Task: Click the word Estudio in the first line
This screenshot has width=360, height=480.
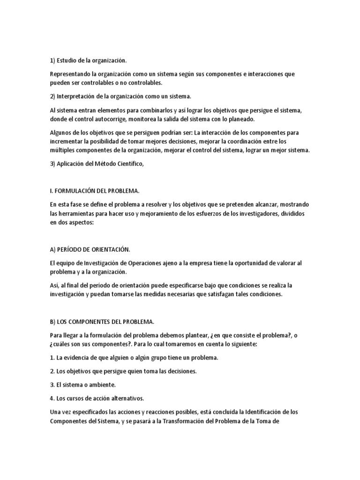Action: [67, 60]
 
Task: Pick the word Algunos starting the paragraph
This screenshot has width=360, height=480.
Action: [61, 133]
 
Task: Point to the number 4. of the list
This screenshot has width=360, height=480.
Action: [52, 398]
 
